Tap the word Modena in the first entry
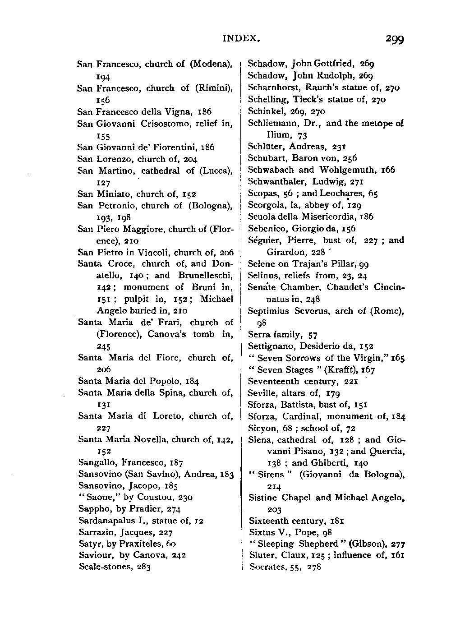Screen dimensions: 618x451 (212, 64)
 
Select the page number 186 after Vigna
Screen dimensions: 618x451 (203, 112)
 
